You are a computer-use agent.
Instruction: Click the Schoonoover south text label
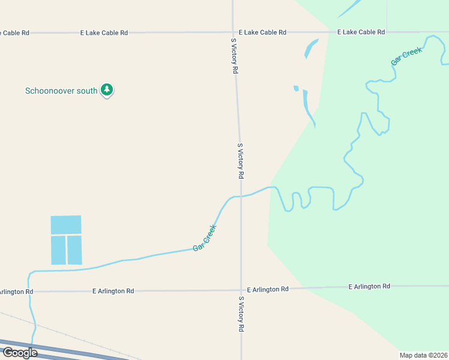point(61,91)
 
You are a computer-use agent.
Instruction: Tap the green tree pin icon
point(107,90)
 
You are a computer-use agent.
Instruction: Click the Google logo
point(19,353)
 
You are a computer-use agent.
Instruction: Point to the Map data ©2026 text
point(423,355)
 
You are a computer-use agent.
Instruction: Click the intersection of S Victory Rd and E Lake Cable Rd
point(234,32)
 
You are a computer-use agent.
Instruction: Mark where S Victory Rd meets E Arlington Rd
point(241,290)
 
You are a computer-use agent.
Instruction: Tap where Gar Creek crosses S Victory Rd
point(241,196)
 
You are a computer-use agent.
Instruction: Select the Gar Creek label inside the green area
point(406,56)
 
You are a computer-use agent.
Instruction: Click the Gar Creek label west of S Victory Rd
point(205,238)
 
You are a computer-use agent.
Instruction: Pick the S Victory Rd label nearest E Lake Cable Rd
point(235,55)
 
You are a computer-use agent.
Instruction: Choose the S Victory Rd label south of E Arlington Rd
point(241,314)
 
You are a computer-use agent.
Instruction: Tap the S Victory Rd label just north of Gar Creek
point(240,161)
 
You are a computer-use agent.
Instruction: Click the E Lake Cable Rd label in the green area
point(361,32)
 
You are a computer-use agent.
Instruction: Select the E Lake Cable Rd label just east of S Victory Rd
point(262,32)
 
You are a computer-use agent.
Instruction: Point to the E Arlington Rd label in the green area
point(369,287)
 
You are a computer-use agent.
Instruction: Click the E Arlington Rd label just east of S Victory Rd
point(268,289)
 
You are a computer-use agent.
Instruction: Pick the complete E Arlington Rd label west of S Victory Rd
point(113,291)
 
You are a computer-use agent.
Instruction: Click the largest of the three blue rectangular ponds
point(66,224)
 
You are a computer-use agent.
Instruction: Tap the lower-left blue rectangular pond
point(58,250)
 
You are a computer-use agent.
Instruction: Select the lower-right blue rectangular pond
point(74,250)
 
